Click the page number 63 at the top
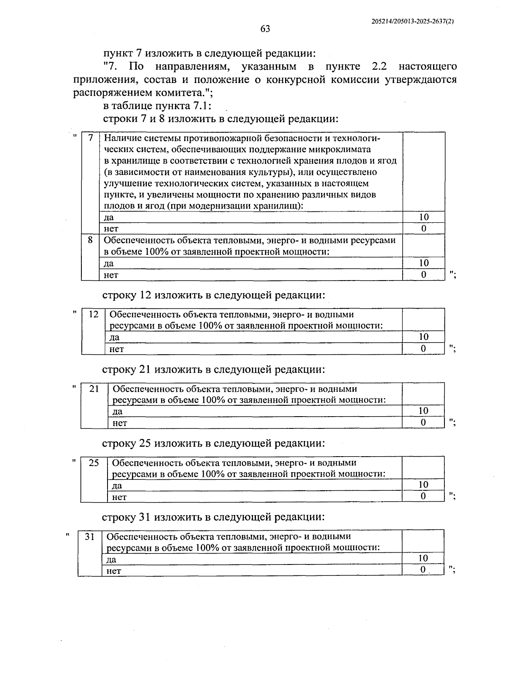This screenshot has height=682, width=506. pyautogui.click(x=265, y=29)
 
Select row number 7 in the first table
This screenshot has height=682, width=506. pyautogui.click(x=90, y=138)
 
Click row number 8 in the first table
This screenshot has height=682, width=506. pyautogui.click(x=90, y=240)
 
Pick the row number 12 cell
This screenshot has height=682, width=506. pyautogui.click(x=94, y=314)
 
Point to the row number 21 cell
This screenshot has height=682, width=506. pyautogui.click(x=94, y=388)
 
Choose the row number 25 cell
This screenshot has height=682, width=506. pyautogui.click(x=94, y=463)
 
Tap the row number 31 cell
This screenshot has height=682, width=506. pyautogui.click(x=90, y=537)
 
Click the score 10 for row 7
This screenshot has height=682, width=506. pyautogui.click(x=424, y=217)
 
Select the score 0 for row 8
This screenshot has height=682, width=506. pyautogui.click(x=424, y=275)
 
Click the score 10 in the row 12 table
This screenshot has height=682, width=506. pyautogui.click(x=423, y=337)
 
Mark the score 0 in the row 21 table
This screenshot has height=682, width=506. pyautogui.click(x=423, y=423)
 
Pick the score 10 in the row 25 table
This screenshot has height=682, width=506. pyautogui.click(x=423, y=485)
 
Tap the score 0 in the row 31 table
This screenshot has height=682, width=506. pyautogui.click(x=423, y=570)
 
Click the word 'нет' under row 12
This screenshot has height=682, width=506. pyautogui.click(x=117, y=349)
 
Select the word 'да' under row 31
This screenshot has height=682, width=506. pyautogui.click(x=111, y=559)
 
